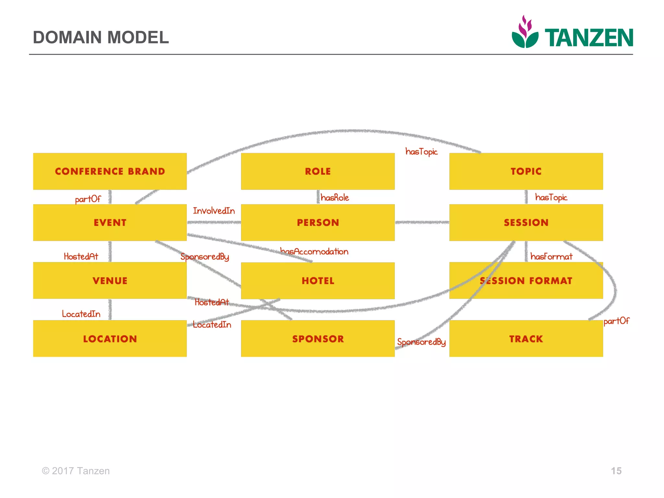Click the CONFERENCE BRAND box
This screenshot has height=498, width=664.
(110, 171)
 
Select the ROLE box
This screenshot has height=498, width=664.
(318, 171)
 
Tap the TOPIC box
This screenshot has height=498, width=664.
(526, 171)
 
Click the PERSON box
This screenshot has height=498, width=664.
(318, 222)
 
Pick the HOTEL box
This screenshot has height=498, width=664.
(318, 281)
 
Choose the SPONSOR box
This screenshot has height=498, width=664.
(318, 339)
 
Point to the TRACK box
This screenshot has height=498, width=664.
(526, 339)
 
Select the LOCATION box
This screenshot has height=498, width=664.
(110, 339)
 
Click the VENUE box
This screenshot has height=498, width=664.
(110, 281)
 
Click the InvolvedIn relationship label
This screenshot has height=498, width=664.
(214, 211)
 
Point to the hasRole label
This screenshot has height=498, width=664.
(335, 198)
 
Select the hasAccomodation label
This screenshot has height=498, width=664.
(314, 252)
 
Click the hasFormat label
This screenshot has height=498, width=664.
(551, 257)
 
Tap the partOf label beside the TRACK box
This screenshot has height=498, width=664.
(616, 321)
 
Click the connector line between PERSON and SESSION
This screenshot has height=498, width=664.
(422, 222)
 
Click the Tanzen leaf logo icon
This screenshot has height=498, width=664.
(525, 32)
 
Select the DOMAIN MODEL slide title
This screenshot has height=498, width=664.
(101, 37)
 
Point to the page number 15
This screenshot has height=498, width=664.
(616, 471)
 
